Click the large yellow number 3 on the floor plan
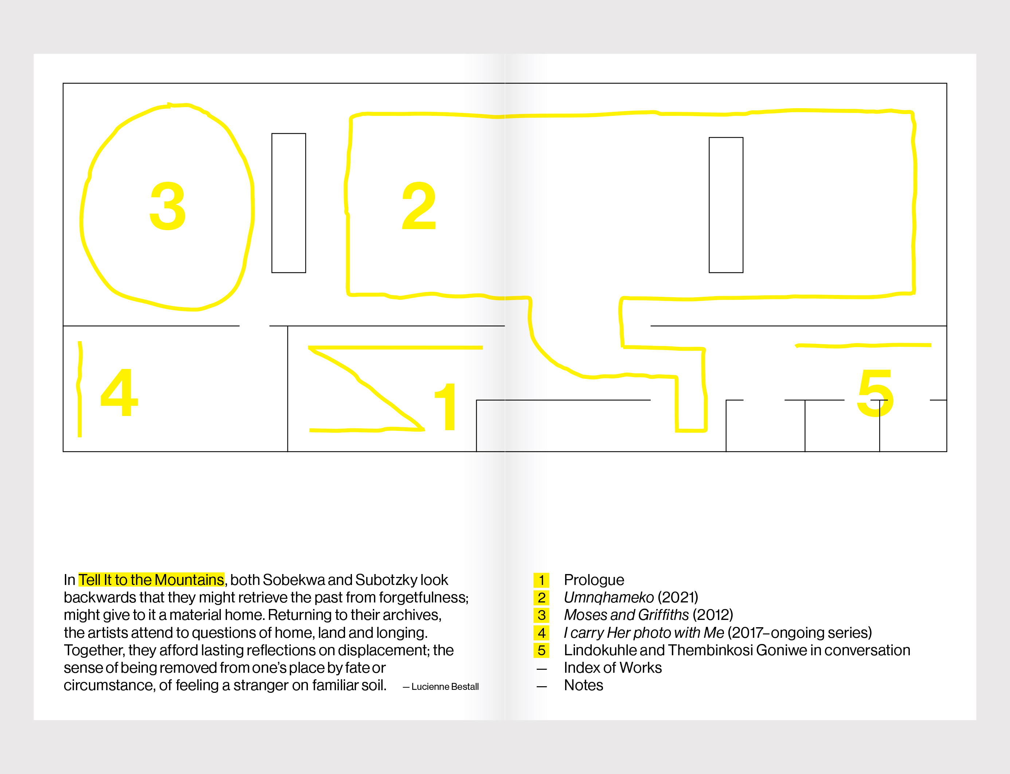[168, 206]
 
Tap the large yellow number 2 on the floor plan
[419, 206]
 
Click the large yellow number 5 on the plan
[875, 393]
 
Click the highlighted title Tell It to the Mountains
[151, 579]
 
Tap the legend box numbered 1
[541, 580]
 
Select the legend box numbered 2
[541, 598]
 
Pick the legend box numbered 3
[541, 615]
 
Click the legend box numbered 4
[541, 633]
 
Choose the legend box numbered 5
[541, 651]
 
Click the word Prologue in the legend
[594, 580]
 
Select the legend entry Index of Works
[612, 668]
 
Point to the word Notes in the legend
[583, 685]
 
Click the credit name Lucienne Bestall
[445, 687]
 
